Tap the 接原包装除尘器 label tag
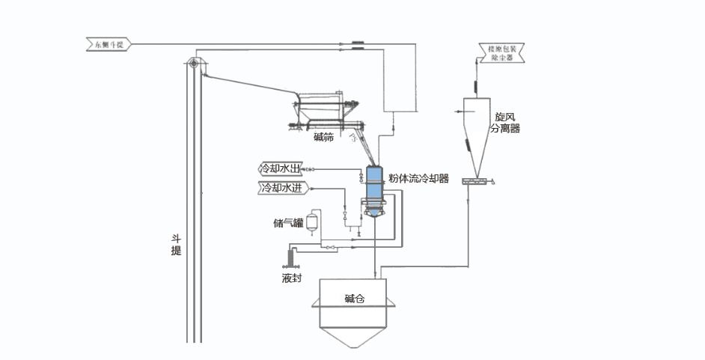[500, 52]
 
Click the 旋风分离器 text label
[504, 123]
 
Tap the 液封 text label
[291, 278]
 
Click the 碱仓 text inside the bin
[354, 299]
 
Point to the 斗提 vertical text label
[177, 245]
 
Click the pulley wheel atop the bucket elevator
[194, 64]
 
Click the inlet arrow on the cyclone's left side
[457, 112]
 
